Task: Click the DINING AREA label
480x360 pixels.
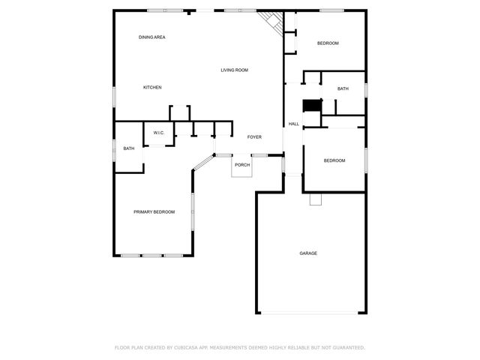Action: point(151,37)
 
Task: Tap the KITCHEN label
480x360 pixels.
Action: point(152,88)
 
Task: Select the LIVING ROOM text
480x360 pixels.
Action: point(234,70)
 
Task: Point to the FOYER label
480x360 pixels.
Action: point(254,137)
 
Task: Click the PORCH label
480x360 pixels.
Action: point(241,165)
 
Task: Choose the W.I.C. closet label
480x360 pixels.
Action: point(159,133)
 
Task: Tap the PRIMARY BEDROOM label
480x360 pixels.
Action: point(154,212)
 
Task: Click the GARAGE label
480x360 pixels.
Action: point(308,253)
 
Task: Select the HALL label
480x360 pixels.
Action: point(293,124)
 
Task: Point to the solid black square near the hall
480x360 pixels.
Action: point(311,105)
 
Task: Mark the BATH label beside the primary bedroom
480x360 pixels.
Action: point(129,148)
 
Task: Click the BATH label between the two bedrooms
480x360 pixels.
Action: point(343,89)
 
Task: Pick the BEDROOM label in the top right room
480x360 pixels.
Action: point(328,43)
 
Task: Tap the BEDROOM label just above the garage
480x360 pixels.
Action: point(334,160)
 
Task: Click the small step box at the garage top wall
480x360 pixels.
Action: point(316,199)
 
